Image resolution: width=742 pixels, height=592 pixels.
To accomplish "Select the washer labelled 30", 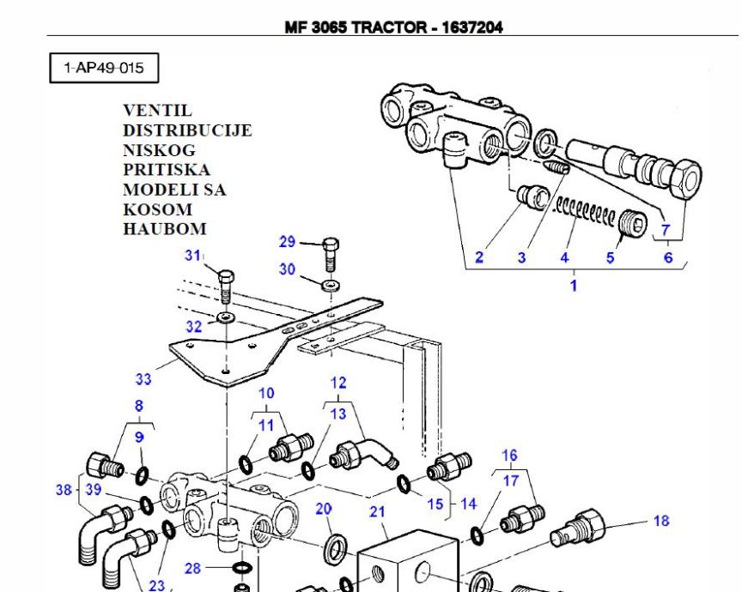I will pyautogui.click(x=330, y=284).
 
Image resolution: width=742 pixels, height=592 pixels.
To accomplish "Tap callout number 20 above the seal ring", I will pyautogui.click(x=323, y=509).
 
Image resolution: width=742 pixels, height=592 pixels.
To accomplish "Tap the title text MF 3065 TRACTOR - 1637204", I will pyautogui.click(x=394, y=27).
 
